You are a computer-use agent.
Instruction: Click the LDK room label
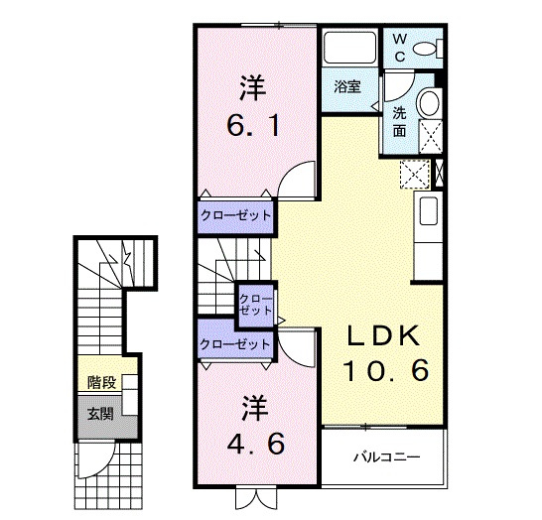(x=386, y=335)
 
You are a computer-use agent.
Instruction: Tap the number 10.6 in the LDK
(x=386, y=371)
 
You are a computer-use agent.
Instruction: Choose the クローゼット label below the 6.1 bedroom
(x=236, y=214)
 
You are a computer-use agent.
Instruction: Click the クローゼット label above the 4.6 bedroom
(x=235, y=344)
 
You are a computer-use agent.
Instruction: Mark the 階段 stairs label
(x=100, y=381)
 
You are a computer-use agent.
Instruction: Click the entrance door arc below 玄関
(x=97, y=461)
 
